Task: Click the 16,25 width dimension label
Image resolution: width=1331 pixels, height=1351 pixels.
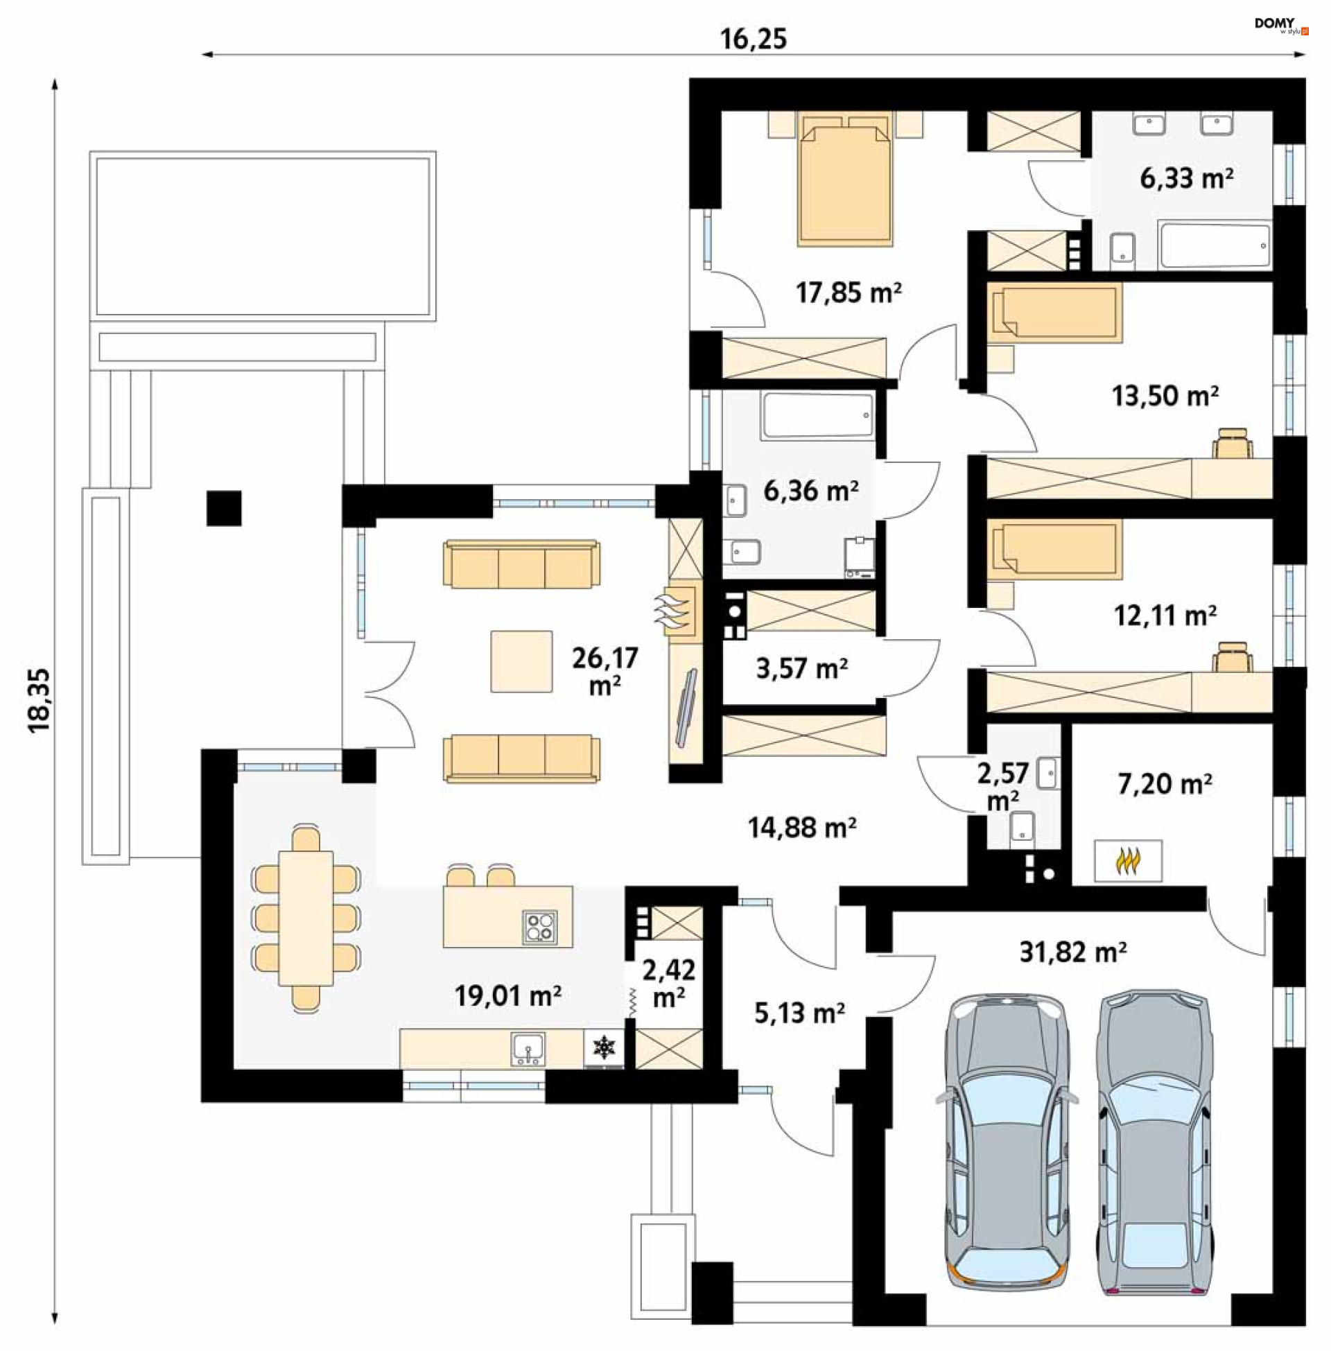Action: [753, 39]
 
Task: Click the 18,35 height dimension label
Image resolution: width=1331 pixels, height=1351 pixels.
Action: [40, 699]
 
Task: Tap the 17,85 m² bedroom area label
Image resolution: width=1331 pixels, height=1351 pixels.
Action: [848, 292]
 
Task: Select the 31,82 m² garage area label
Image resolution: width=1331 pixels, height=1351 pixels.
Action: [1072, 951]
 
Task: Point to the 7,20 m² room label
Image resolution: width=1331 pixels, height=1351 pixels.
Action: [1165, 783]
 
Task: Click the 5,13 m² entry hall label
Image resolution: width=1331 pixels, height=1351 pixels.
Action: [799, 1013]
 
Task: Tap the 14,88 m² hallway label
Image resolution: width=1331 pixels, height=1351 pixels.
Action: [802, 828]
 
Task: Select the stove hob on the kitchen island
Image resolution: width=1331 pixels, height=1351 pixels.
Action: [539, 927]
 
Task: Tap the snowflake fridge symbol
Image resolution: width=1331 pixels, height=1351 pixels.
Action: [603, 1047]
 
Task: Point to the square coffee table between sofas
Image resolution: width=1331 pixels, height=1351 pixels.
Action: [521, 661]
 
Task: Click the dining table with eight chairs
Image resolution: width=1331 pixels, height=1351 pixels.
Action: [306, 918]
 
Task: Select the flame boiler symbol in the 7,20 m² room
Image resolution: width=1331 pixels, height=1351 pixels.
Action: [1128, 861]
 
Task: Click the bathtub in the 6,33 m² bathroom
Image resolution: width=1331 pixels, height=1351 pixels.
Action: [1214, 245]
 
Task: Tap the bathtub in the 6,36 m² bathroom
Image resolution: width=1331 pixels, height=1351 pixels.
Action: [818, 416]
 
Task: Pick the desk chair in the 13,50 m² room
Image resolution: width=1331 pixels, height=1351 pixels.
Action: [1233, 444]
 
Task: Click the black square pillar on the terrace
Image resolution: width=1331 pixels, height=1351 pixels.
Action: [224, 508]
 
